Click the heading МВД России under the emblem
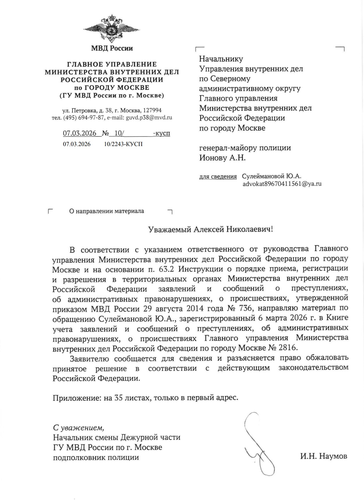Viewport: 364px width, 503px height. pyautogui.click(x=112, y=48)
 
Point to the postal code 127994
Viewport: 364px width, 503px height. pyautogui.click(x=152, y=111)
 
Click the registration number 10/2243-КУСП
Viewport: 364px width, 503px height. pyautogui.click(x=123, y=144)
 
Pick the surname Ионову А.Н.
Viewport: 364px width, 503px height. pyautogui.click(x=222, y=158)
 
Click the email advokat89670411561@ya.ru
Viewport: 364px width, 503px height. pyautogui.click(x=282, y=184)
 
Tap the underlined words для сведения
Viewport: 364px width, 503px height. pyautogui.click(x=218, y=176)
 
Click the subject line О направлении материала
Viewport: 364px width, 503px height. pyautogui.click(x=106, y=211)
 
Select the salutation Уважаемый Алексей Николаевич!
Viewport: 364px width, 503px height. pyautogui.click(x=210, y=229)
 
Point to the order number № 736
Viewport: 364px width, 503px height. pyautogui.click(x=241, y=308)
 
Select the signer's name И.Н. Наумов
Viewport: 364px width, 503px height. pyautogui.click(x=324, y=456)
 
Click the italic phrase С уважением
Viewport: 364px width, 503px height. pyautogui.click(x=78, y=428)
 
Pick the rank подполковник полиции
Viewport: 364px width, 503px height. pyautogui.click(x=96, y=457)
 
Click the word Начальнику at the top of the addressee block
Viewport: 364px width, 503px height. pyautogui.click(x=221, y=59)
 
